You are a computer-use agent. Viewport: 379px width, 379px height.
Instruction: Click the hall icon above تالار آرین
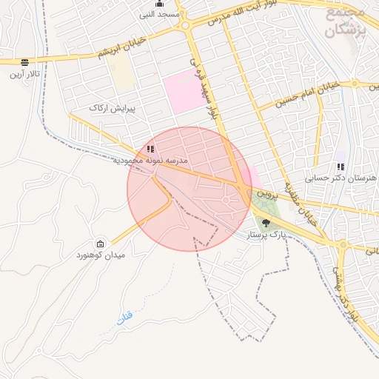(x=25, y=62)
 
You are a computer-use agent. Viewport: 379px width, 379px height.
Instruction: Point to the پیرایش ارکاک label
(x=109, y=108)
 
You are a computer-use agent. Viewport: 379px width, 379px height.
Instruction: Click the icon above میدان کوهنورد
(x=101, y=244)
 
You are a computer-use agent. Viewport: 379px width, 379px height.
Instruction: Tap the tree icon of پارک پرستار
(x=266, y=223)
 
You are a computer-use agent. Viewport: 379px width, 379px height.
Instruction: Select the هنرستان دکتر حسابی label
(x=341, y=178)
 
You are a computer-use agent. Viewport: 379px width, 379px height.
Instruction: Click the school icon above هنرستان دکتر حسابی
(x=341, y=167)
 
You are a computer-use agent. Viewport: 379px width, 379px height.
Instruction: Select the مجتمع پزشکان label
(x=346, y=22)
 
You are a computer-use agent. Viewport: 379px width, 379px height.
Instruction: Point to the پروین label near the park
(x=266, y=192)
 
